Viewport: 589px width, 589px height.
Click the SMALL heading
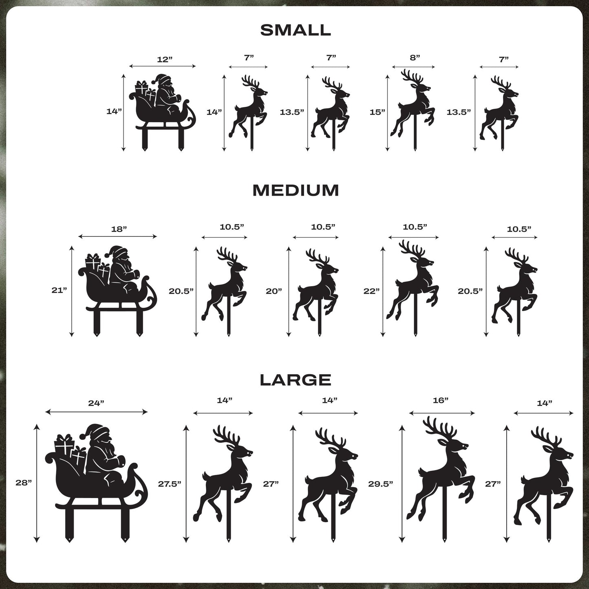(x=296, y=30)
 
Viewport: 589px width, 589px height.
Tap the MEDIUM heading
(x=296, y=190)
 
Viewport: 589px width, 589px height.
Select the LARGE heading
(x=296, y=380)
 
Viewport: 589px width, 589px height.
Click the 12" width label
(x=165, y=60)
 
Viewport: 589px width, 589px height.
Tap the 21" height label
(x=59, y=290)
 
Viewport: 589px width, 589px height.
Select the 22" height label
(x=371, y=291)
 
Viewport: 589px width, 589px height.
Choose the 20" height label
(x=274, y=291)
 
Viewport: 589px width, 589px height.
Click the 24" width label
(x=96, y=403)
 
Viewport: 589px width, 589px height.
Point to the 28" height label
(x=24, y=483)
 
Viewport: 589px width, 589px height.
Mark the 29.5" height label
(x=380, y=484)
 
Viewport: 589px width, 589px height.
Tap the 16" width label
(x=441, y=401)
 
